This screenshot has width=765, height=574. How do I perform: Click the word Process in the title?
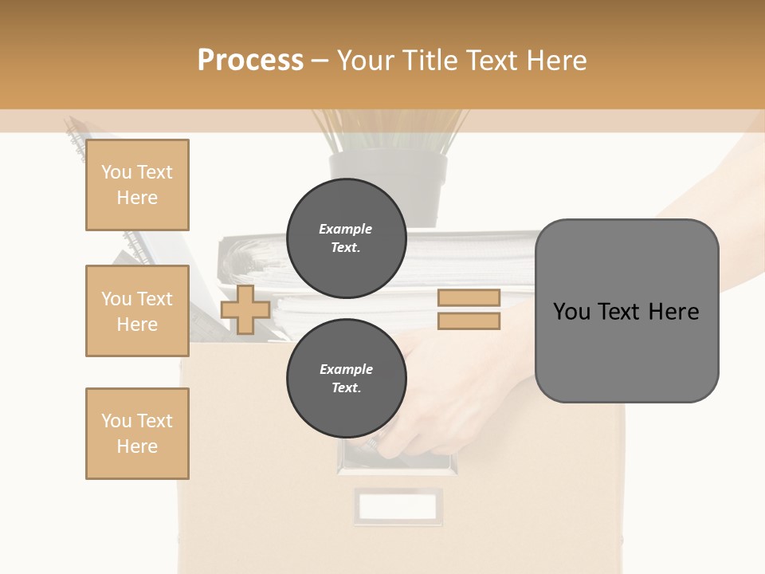point(250,61)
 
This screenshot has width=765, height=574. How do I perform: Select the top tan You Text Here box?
point(137,185)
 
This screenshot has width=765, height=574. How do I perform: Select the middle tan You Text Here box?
point(137,311)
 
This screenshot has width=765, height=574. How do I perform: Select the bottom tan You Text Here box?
point(137,434)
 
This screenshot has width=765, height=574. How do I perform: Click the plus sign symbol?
point(245,309)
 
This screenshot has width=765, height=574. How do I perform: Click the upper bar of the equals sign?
point(469,297)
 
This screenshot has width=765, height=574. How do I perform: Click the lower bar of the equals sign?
point(469,321)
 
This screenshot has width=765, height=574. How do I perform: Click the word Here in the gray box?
point(674,312)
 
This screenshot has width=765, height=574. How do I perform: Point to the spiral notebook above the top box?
point(76,139)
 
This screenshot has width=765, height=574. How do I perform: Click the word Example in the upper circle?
point(346,229)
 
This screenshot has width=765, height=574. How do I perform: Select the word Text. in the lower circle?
point(346,388)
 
